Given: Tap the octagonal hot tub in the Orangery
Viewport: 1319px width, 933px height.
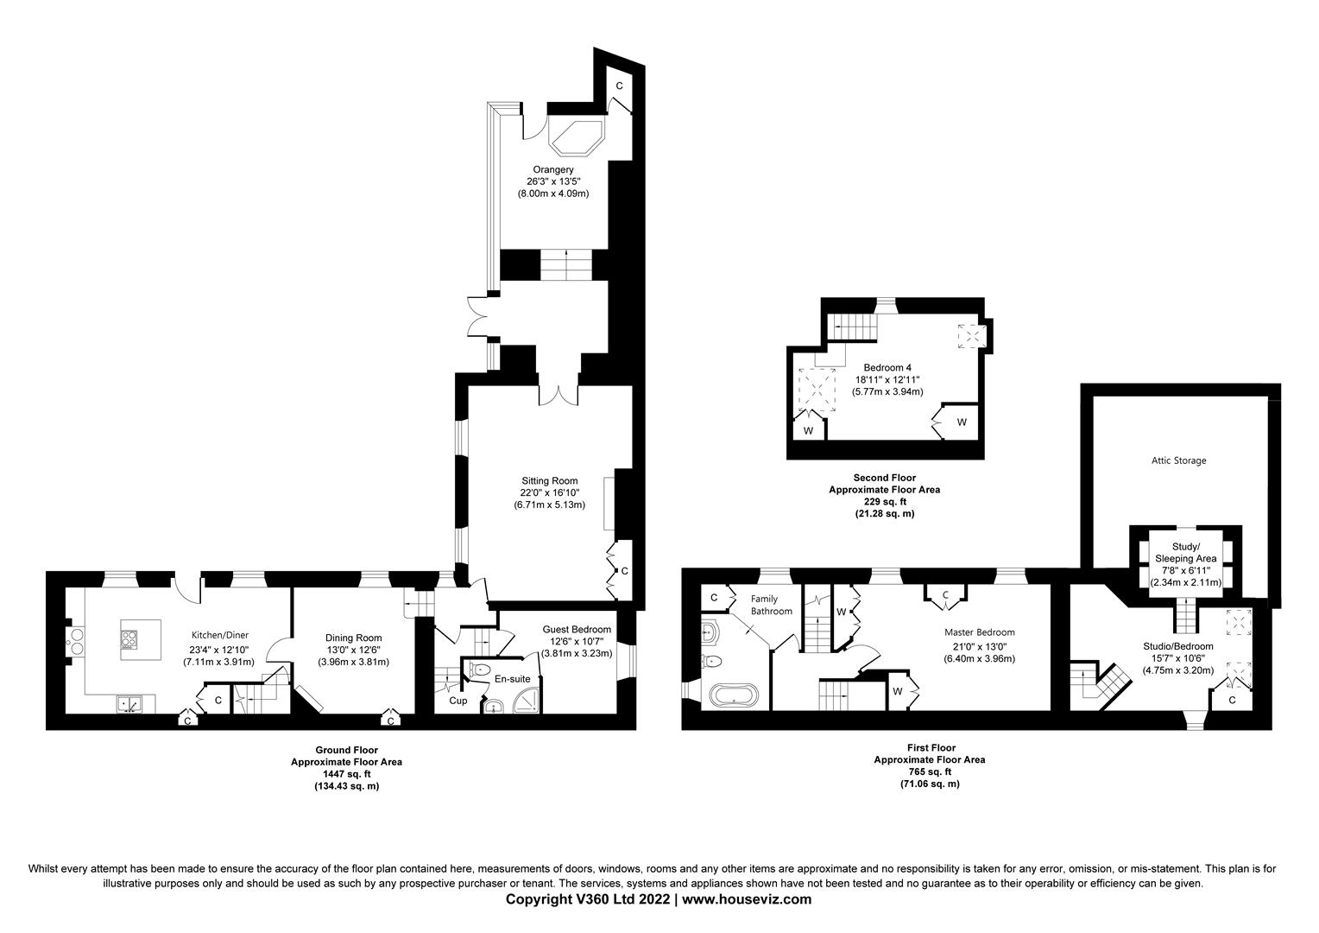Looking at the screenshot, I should [x=578, y=136].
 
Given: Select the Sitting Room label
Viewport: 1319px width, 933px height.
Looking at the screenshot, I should [x=549, y=481].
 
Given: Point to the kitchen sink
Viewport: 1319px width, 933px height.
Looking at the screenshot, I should [x=130, y=704].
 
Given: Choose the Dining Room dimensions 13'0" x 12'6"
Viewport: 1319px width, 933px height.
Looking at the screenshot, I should [x=346, y=650].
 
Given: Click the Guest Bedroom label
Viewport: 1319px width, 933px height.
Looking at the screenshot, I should [x=577, y=630].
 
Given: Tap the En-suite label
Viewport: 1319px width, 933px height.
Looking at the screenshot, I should [x=512, y=679].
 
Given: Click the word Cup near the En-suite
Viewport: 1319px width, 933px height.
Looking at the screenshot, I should [x=458, y=701].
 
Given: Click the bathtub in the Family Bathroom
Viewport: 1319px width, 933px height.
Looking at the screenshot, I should [x=733, y=694].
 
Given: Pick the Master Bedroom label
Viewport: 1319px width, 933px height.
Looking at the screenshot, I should [x=979, y=632].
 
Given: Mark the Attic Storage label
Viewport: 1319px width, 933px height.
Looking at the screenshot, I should [x=1178, y=460].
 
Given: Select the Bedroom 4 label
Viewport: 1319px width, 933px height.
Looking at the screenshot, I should [x=887, y=367].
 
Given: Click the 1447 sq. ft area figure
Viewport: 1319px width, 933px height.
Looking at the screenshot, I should [x=345, y=774].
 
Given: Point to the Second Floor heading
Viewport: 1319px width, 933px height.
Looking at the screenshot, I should [x=884, y=478].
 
